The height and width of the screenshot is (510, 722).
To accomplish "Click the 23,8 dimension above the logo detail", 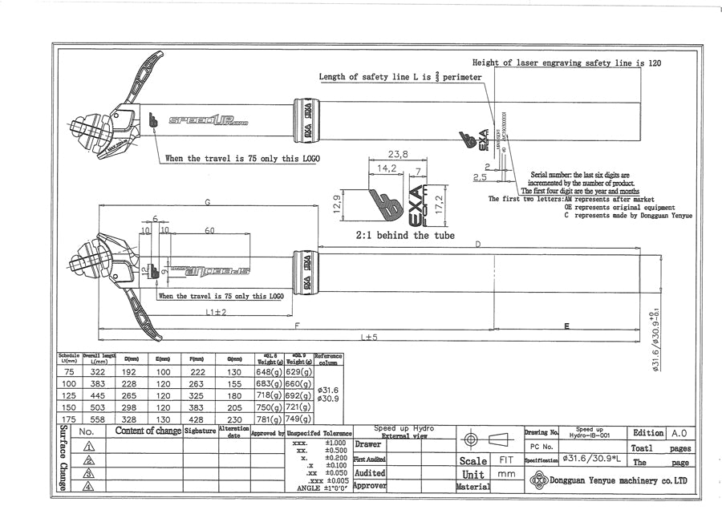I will [x=398, y=154].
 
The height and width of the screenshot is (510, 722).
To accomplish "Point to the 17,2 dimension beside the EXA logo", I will [x=438, y=197].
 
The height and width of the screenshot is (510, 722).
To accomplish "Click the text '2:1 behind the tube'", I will [x=405, y=236].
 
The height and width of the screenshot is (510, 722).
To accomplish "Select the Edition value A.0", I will [x=678, y=432].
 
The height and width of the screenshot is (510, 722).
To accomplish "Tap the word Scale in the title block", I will [x=473, y=461].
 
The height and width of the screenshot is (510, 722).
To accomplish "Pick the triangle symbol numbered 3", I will [x=88, y=473].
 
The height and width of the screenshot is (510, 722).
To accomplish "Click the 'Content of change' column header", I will [x=148, y=431].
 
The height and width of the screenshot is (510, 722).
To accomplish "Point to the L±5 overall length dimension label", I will [x=369, y=338].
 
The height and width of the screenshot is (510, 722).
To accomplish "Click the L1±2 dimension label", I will [x=213, y=313].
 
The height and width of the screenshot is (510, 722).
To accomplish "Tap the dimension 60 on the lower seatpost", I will [x=210, y=231].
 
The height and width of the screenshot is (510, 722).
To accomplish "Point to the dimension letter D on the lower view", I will [x=478, y=243].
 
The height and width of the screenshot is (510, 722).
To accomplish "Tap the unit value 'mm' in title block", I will [x=506, y=474].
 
